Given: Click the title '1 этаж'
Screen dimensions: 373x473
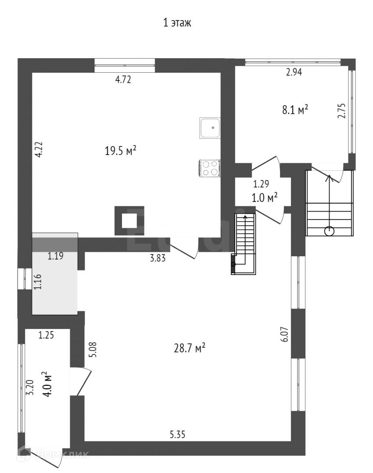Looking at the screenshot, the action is click(177, 23).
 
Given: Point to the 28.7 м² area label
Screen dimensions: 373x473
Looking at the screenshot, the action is click(189, 349).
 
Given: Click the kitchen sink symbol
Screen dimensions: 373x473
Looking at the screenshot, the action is click(210, 128).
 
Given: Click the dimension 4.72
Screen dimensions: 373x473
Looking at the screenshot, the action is click(123, 80).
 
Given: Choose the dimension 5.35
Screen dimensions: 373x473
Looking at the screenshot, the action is click(178, 435).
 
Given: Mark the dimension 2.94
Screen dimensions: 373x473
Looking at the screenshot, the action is click(294, 73).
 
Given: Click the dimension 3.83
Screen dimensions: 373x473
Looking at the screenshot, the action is click(158, 258).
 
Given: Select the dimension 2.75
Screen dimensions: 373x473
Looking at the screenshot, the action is click(341, 111).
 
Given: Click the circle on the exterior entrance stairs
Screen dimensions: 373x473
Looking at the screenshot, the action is click(329, 231).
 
